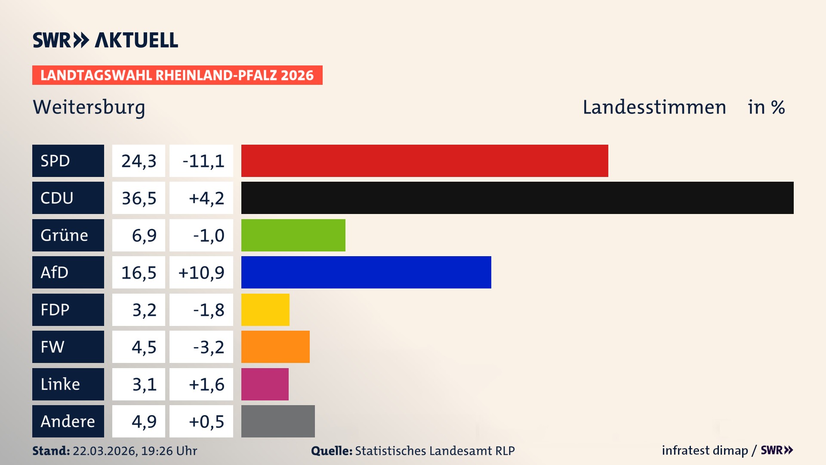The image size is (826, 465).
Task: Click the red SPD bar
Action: click(425, 161)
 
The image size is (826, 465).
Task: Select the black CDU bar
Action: click(517, 198)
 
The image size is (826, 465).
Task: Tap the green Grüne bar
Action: click(293, 235)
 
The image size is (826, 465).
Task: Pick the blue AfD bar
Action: click(366, 272)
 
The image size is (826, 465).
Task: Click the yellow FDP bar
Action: click(265, 310)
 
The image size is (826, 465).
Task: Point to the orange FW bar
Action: click(275, 347)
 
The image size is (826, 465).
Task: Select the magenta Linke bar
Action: click(265, 384)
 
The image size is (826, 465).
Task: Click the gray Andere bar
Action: click(278, 421)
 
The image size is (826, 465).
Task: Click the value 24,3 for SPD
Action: click(139, 161)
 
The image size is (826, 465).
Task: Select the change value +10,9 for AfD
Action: click(201, 272)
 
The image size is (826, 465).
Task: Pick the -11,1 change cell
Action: click(201, 161)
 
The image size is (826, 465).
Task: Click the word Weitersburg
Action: click(89, 107)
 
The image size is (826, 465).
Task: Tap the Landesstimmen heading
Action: click(654, 107)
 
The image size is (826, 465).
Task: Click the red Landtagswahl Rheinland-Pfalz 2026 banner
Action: click(177, 75)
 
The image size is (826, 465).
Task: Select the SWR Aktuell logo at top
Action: click(105, 40)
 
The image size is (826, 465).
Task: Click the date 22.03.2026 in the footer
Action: click(105, 451)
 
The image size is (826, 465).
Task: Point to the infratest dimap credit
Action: click(705, 450)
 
